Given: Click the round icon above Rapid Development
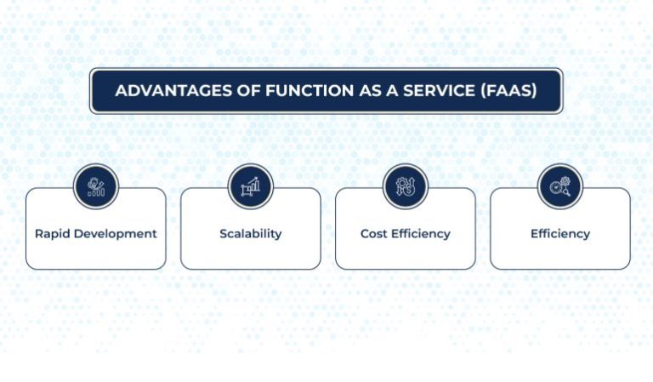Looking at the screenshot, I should (96, 186).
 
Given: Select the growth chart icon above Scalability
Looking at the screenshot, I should (251, 186).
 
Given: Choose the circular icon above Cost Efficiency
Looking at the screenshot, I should (406, 186).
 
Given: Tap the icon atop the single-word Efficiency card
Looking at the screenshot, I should (560, 186).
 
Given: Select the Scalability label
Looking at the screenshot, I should (251, 234).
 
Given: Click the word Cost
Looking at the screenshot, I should (374, 234).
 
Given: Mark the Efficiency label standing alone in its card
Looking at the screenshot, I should (560, 234).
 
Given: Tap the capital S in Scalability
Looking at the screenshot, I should (224, 234).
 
